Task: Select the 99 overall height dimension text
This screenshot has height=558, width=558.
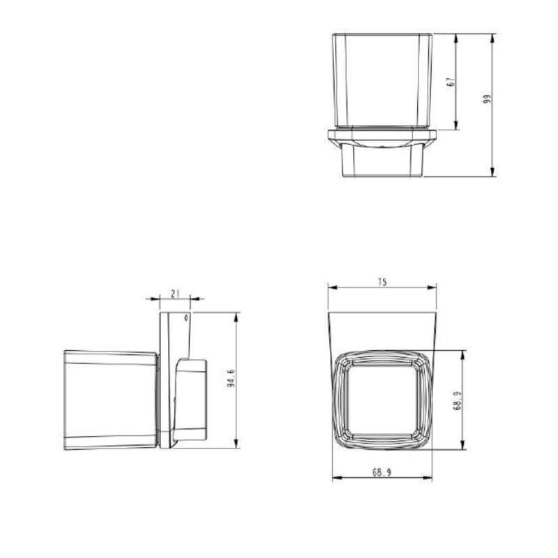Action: click(488, 99)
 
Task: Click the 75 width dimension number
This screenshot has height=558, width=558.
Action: click(382, 282)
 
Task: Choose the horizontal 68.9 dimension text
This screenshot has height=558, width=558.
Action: click(381, 472)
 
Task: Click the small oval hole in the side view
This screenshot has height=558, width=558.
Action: click(186, 318)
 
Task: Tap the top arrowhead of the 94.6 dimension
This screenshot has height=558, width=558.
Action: click(236, 316)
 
